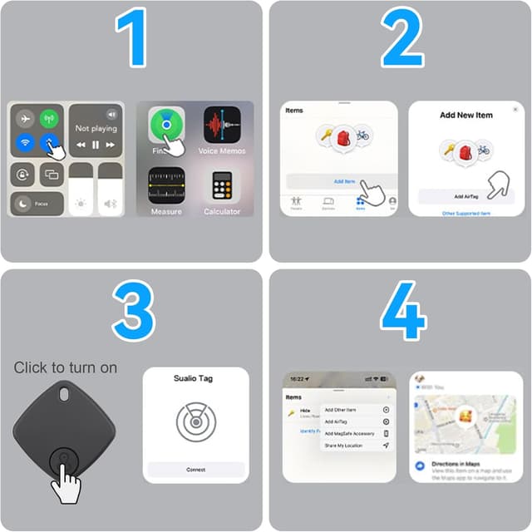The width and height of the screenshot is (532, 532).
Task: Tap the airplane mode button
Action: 25,118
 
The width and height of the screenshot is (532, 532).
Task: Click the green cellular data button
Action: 50,118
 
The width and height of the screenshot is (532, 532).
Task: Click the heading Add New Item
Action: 466,115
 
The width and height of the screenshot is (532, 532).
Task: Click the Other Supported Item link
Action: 465,214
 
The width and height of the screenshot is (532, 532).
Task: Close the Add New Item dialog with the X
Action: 515,110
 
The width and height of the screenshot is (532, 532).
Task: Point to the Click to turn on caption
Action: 66,367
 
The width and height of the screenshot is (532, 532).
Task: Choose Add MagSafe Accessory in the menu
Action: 349,434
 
